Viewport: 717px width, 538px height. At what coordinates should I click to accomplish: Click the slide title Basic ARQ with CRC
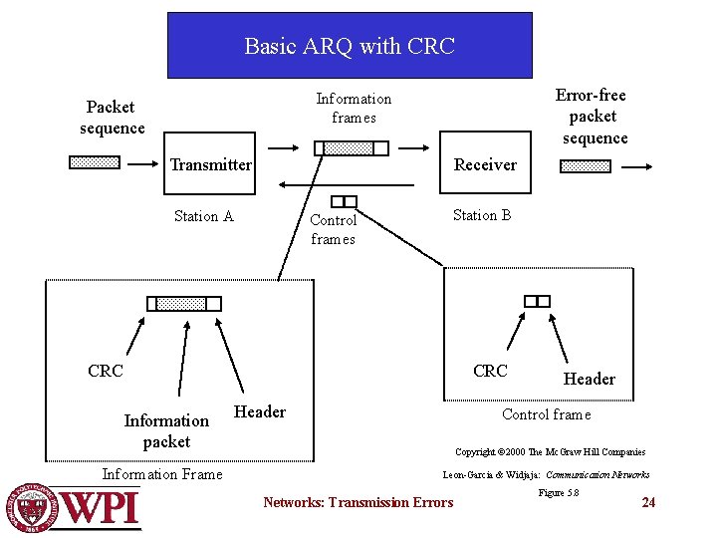(349, 46)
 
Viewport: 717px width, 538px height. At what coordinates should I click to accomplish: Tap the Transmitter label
(210, 164)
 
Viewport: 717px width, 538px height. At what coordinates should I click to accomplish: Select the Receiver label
(485, 164)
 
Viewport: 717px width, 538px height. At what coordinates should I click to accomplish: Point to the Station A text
(203, 216)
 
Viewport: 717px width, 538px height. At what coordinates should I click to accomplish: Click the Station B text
(482, 215)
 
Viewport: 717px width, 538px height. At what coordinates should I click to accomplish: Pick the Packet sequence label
(111, 118)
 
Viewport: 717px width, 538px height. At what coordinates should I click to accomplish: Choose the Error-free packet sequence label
(593, 117)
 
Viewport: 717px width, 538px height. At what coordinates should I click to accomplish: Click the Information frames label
(354, 108)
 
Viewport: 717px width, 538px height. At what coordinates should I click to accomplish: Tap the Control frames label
(333, 229)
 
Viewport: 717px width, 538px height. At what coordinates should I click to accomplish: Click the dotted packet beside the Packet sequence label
(95, 162)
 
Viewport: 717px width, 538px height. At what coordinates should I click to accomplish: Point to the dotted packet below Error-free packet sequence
(586, 166)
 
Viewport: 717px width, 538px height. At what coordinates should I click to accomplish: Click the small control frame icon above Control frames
(345, 202)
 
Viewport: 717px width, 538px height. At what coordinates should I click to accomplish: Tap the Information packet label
(166, 430)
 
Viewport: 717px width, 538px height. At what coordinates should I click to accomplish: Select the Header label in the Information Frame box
(259, 411)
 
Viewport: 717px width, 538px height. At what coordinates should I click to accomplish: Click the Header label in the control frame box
(589, 379)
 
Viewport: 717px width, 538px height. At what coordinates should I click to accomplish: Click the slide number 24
(648, 502)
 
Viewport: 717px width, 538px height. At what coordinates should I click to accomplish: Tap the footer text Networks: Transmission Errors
(358, 502)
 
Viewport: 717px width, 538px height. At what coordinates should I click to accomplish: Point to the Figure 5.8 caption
(559, 492)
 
